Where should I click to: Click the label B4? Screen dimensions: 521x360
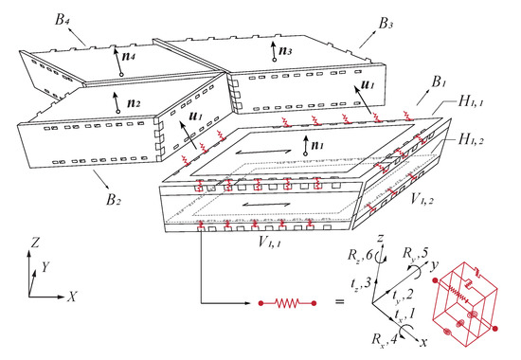click(63, 19)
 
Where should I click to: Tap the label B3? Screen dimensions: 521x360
click(386, 24)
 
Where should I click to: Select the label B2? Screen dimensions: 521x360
click(114, 200)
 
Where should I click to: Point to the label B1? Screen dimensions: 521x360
click(439, 81)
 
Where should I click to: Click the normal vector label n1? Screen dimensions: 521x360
click(317, 145)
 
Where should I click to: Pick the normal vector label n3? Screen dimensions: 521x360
click(285, 50)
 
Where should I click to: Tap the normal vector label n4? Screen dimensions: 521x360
click(129, 56)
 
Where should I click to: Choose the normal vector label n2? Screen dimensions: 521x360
click(134, 102)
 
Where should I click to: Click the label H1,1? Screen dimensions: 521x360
click(471, 101)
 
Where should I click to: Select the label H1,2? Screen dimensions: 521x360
click(471, 139)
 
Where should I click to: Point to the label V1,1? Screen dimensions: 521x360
click(269, 242)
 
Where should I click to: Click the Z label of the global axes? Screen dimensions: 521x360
click(35, 243)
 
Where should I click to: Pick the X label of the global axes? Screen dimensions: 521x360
click(72, 297)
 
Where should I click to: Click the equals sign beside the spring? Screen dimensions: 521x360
click(339, 302)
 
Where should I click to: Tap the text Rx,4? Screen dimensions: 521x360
click(385, 339)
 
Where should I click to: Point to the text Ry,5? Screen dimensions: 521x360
click(415, 253)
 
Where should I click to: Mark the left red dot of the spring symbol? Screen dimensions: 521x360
click(261, 303)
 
